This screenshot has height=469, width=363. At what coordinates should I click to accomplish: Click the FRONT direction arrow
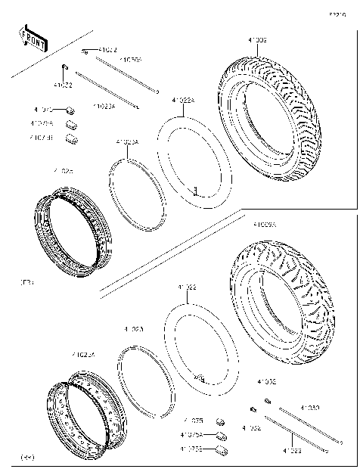[x=33, y=39]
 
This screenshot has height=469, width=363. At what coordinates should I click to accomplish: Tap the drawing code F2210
[x=337, y=14]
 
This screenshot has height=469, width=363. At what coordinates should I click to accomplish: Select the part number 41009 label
[x=257, y=39]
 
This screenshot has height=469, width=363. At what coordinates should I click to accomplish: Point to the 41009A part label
[x=265, y=225]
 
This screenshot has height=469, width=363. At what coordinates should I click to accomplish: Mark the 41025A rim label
[x=83, y=354]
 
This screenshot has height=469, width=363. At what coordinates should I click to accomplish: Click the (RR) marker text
[x=27, y=457]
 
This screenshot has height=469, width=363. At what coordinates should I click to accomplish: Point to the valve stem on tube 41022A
[x=195, y=188]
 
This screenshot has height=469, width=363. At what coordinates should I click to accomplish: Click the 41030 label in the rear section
[x=310, y=408]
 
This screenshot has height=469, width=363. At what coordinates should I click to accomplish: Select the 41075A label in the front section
[x=42, y=123]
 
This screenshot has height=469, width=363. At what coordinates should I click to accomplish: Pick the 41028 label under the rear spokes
[x=294, y=451]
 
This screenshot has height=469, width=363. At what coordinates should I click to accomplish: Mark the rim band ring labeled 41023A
[x=139, y=193]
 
